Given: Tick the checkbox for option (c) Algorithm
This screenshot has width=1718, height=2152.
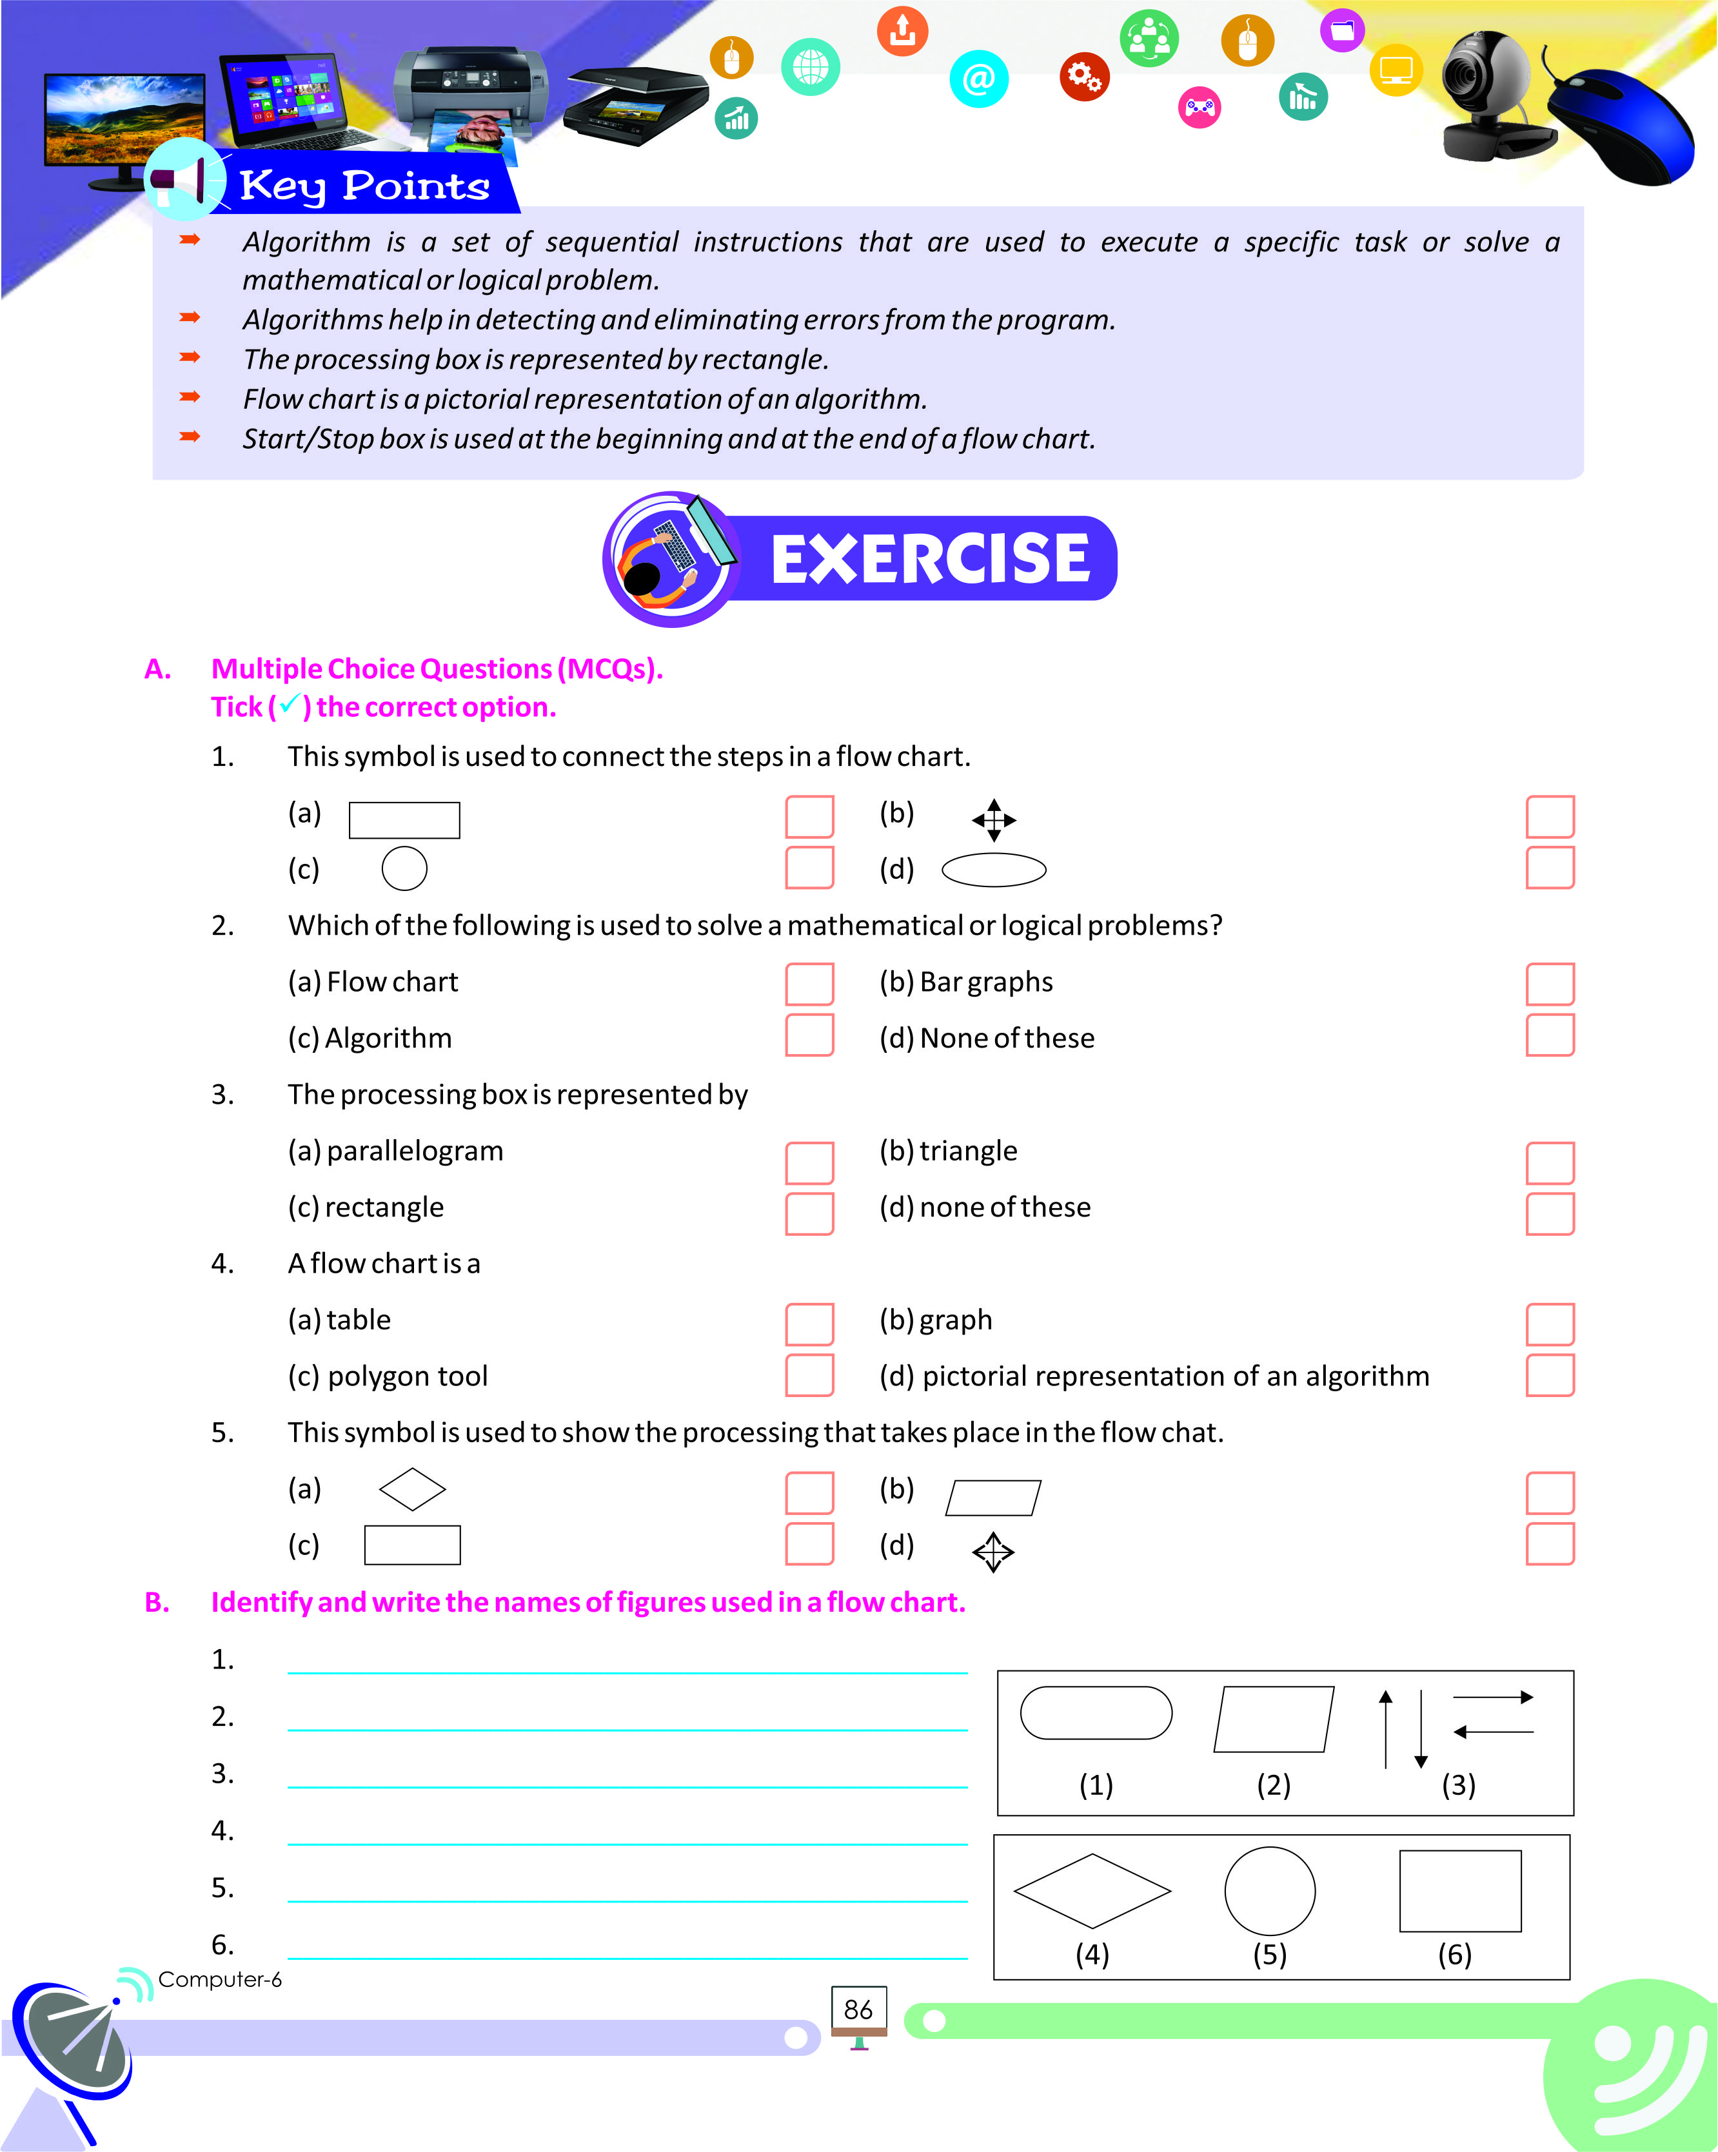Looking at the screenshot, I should pyautogui.click(x=809, y=1035).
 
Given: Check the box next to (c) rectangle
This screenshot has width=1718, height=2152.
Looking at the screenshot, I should pyautogui.click(x=809, y=1214).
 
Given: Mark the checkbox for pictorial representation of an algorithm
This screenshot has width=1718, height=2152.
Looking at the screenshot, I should pyautogui.click(x=1549, y=1375).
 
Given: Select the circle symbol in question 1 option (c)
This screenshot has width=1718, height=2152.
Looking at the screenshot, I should pyautogui.click(x=404, y=868).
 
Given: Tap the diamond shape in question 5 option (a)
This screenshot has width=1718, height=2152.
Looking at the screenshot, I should pyautogui.click(x=412, y=1489).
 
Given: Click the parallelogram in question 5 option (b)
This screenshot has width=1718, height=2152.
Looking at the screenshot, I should pyautogui.click(x=993, y=1497).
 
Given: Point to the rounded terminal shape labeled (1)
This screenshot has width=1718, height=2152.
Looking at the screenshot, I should pyautogui.click(x=1095, y=1713).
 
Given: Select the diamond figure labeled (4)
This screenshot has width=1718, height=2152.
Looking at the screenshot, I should pyautogui.click(x=1092, y=1890).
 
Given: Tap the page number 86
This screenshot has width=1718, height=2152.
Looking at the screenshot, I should pyautogui.click(x=858, y=2010).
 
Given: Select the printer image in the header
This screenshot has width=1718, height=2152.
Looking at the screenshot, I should pyautogui.click(x=469, y=95).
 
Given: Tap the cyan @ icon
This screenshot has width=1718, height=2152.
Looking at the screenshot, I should pyautogui.click(x=978, y=78).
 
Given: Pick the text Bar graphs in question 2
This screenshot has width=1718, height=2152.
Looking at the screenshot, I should pyautogui.click(x=985, y=982).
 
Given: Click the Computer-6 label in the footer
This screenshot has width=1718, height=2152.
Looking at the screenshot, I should pyautogui.click(x=220, y=1979).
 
